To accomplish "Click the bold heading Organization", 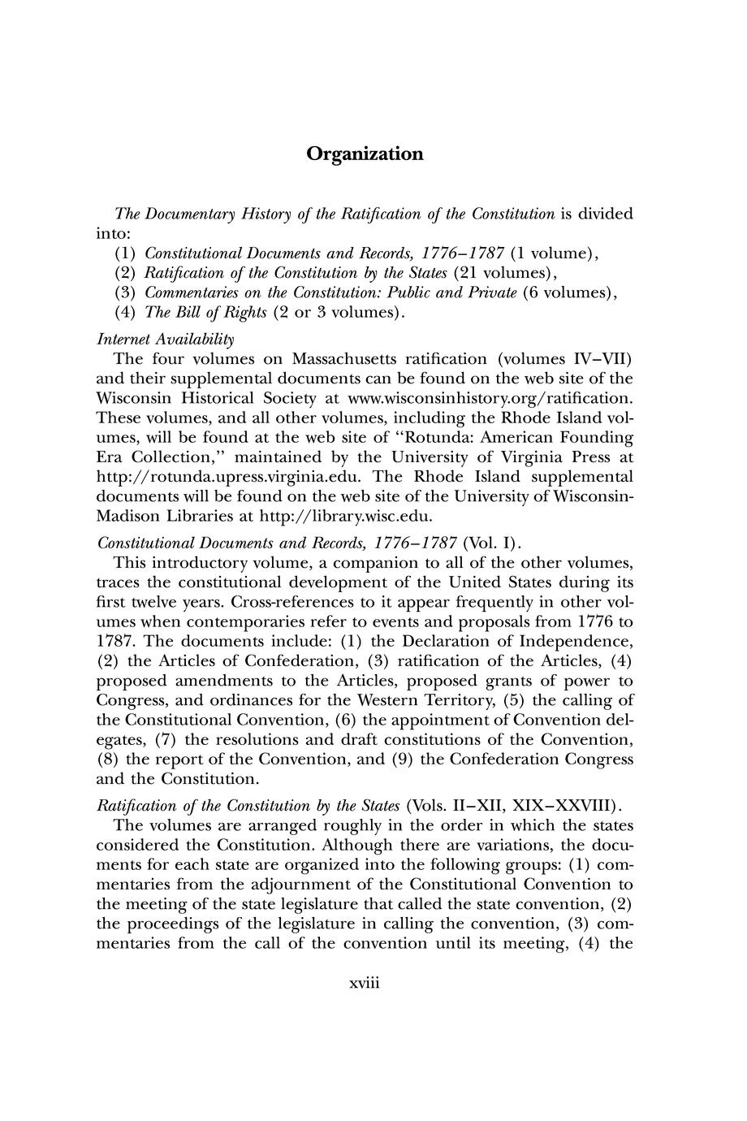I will click(365, 154).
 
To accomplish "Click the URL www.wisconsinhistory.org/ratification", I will click(488, 398).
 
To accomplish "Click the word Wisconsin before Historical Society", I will click(138, 398).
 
